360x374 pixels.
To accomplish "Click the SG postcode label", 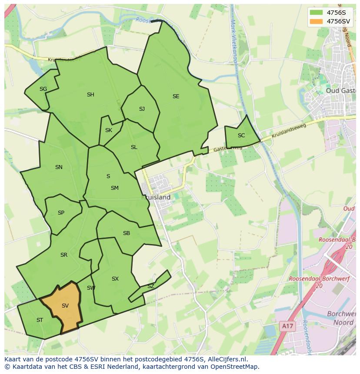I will pyautogui.click(x=43, y=89).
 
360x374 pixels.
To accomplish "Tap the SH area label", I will pyautogui.click(x=90, y=95).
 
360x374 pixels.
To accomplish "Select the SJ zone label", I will pyautogui.click(x=142, y=109).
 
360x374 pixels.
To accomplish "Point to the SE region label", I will pyautogui.click(x=176, y=96).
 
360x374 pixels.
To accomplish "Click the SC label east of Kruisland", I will pyautogui.click(x=241, y=136).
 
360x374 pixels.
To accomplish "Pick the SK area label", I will pyautogui.click(x=109, y=130).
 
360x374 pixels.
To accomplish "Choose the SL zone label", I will pyautogui.click(x=134, y=147).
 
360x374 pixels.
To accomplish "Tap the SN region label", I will pyautogui.click(x=59, y=167).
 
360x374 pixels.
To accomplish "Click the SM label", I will pyautogui.click(x=115, y=188).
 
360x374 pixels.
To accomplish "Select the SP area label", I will pyautogui.click(x=61, y=213).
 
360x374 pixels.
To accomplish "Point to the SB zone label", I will pyautogui.click(x=127, y=233).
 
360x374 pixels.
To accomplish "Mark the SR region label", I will pyautogui.click(x=64, y=255).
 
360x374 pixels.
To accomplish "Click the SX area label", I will pyautogui.click(x=115, y=279).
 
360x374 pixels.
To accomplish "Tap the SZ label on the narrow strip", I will pyautogui.click(x=150, y=286).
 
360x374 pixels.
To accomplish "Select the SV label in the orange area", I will pyautogui.click(x=65, y=306).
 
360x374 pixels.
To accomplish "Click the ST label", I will pyautogui.click(x=40, y=320).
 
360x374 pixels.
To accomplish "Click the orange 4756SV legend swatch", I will pyautogui.click(x=317, y=21).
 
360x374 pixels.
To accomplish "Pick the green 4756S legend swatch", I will pyautogui.click(x=317, y=13).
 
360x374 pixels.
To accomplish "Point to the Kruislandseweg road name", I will pyautogui.click(x=289, y=131).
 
